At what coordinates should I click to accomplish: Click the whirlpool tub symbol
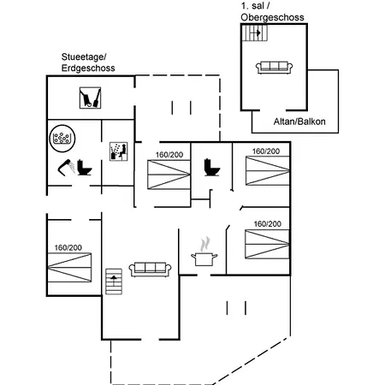tap(62, 139)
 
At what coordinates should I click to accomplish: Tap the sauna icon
tap(119, 151)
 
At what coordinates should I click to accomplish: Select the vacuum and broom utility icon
tap(90, 98)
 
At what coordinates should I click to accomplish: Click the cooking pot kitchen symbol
tap(204, 252)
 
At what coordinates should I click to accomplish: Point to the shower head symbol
tap(67, 167)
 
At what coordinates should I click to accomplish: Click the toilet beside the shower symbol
tap(85, 168)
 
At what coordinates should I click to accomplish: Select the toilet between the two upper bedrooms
tap(212, 167)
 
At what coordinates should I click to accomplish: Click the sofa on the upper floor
tap(274, 68)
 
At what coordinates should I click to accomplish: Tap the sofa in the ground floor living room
tap(151, 269)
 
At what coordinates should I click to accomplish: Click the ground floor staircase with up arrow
tap(114, 281)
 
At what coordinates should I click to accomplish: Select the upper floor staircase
tap(255, 33)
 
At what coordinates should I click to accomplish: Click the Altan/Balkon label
tap(299, 121)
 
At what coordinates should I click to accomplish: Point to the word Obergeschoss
tap(272, 17)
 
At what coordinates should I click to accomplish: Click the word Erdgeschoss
tap(88, 68)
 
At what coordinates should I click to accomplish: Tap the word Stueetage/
tap(84, 57)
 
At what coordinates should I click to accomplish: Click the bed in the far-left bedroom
tap(69, 268)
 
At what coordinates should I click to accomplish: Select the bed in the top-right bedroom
tap(268, 170)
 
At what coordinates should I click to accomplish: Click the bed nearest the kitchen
tap(267, 244)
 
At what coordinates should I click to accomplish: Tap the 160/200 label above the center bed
tap(169, 155)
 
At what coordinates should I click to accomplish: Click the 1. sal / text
tap(256, 6)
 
